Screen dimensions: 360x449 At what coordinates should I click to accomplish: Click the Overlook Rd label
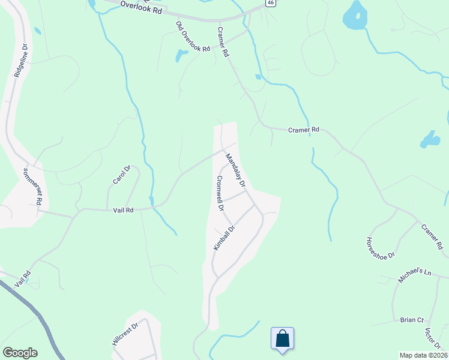tap(141, 7)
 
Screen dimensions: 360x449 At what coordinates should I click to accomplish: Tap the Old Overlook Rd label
tap(193, 36)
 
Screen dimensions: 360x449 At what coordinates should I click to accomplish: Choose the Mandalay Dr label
tap(235, 169)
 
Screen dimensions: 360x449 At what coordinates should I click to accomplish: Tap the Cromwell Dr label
tap(220, 193)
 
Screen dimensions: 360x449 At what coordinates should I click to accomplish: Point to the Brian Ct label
tap(412, 320)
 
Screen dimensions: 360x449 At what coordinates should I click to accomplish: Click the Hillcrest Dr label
tap(125, 334)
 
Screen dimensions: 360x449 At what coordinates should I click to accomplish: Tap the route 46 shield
tap(271, 4)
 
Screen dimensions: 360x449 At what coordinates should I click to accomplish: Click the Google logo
tap(20, 353)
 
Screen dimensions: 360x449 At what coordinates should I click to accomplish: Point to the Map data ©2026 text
tap(423, 355)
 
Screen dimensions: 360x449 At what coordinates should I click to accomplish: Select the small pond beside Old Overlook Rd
tap(181, 56)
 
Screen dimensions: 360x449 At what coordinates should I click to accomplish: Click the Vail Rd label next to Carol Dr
tap(123, 210)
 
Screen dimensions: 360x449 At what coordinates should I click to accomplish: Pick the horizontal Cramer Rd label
tap(303, 129)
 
